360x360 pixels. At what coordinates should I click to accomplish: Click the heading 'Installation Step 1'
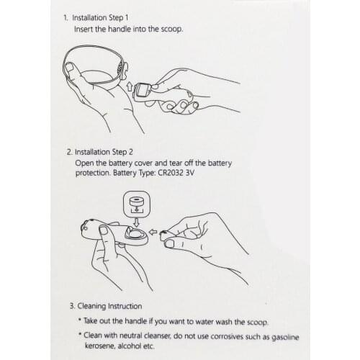point(100,18)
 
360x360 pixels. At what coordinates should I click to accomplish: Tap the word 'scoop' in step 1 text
point(171,30)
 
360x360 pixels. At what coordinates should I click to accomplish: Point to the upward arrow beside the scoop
point(130,86)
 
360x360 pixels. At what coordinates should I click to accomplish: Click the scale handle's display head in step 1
point(143,91)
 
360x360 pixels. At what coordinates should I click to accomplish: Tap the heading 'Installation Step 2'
point(104,152)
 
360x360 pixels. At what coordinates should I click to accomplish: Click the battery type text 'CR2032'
point(171,173)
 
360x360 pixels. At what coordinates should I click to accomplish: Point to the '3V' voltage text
point(189,173)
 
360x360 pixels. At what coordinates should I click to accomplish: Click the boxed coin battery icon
point(137,204)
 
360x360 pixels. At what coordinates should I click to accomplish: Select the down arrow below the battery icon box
point(136,222)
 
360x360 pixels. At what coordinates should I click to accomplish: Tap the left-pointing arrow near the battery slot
point(153,232)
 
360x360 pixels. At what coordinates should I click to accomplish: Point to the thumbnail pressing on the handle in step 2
point(104,230)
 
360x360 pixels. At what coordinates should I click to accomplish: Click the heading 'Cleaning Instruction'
point(109,306)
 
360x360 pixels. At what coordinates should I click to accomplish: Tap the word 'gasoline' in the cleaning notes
point(285,337)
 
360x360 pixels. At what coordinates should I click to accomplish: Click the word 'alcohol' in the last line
point(130,346)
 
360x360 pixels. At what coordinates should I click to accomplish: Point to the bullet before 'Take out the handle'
point(79,319)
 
